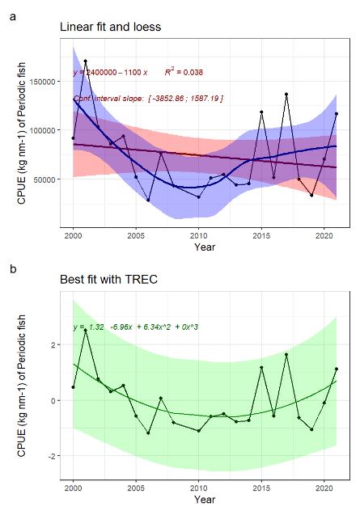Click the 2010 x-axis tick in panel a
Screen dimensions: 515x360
[x=198, y=234]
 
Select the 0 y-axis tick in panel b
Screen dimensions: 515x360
[x=53, y=400]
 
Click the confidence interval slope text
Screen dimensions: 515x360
[x=148, y=98]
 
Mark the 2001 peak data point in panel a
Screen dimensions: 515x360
[x=86, y=61]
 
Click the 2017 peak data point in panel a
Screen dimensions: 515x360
[x=286, y=95]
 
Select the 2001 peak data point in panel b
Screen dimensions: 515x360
[x=86, y=331]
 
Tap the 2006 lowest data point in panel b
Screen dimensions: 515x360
[x=148, y=433]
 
